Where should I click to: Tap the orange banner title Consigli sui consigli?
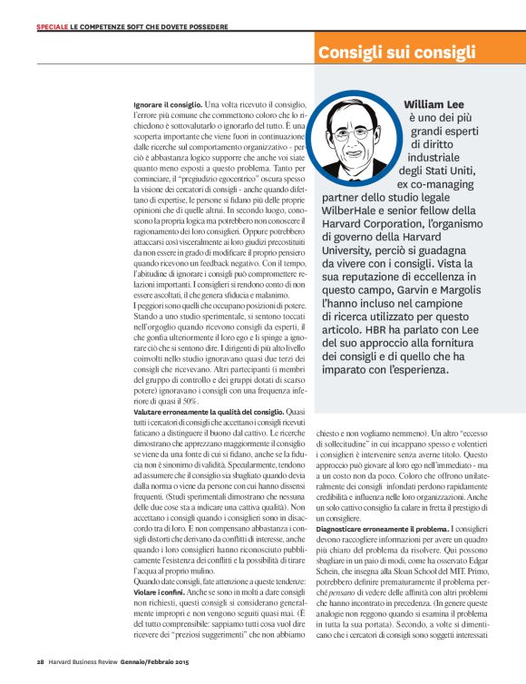coord(396,54)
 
